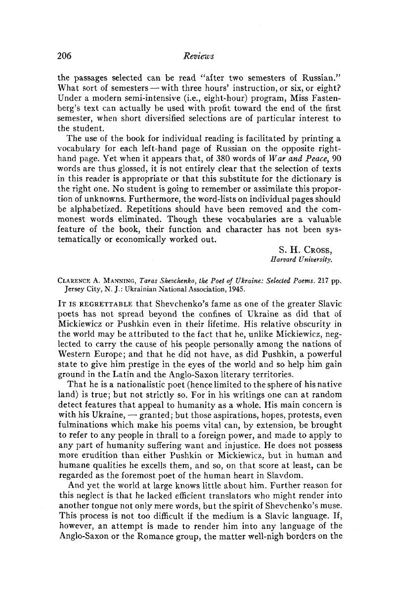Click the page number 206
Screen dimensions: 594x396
pyautogui.click(x=65, y=56)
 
